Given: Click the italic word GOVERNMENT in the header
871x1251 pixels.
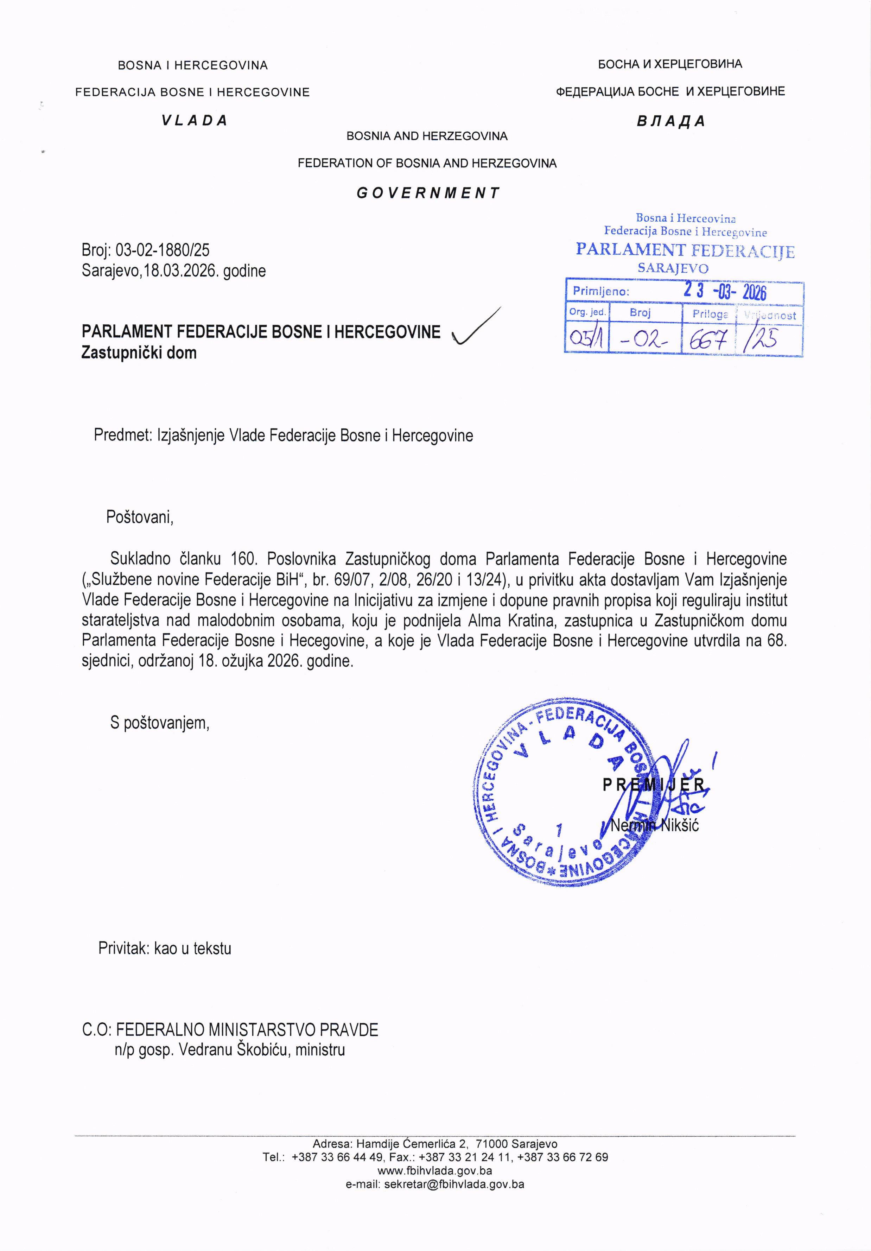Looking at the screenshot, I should point(428,193).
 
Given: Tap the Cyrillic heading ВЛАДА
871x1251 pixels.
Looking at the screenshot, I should point(670,121).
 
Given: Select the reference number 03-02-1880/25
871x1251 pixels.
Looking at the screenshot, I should point(162,250).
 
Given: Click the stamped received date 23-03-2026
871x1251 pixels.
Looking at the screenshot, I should point(725,292).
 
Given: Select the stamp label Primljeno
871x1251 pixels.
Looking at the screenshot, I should point(601,292).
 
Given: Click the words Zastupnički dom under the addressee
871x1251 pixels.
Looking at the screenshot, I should point(139,353).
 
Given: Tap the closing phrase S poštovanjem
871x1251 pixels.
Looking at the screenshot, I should point(160,723).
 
